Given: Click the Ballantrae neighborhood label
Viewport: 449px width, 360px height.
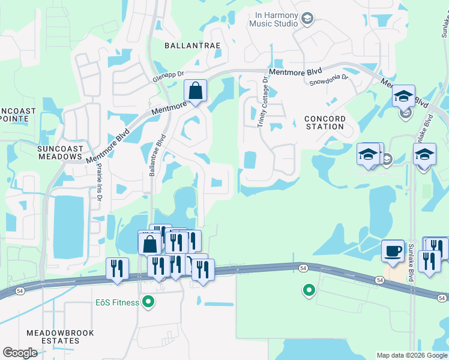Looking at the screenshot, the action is tap(193, 45).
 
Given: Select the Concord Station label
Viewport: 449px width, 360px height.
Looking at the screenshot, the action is tap(324, 122).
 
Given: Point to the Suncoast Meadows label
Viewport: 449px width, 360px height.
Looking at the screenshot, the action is tap(59, 152).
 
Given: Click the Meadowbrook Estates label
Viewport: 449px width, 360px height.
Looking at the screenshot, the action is tap(53, 336).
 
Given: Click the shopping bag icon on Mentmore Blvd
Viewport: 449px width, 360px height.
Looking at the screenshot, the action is tap(195, 91).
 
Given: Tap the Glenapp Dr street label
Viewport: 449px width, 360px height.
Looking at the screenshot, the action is tap(167, 75).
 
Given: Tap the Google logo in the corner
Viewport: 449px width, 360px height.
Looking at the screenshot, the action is tap(20, 353).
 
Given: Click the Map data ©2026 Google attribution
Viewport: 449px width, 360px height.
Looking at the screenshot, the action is tap(412, 355).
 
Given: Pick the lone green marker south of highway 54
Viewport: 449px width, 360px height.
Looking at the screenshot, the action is tap(309, 290).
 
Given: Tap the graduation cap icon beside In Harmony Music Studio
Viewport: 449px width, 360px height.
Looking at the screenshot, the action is tap(308, 19).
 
